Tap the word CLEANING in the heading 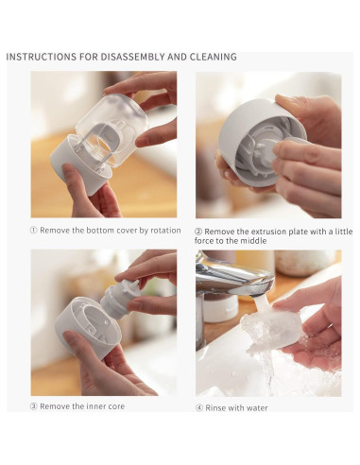[209, 57]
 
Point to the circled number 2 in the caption [199, 232]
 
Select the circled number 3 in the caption [35, 406]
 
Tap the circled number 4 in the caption [199, 407]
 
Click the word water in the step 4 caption [256, 407]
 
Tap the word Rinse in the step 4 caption [216, 407]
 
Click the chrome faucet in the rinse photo [232, 273]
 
